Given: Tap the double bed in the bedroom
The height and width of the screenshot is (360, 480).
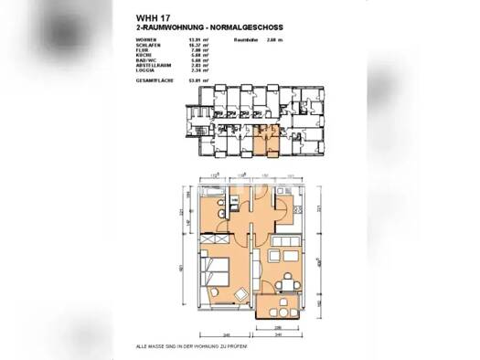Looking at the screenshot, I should pos(221,272).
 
